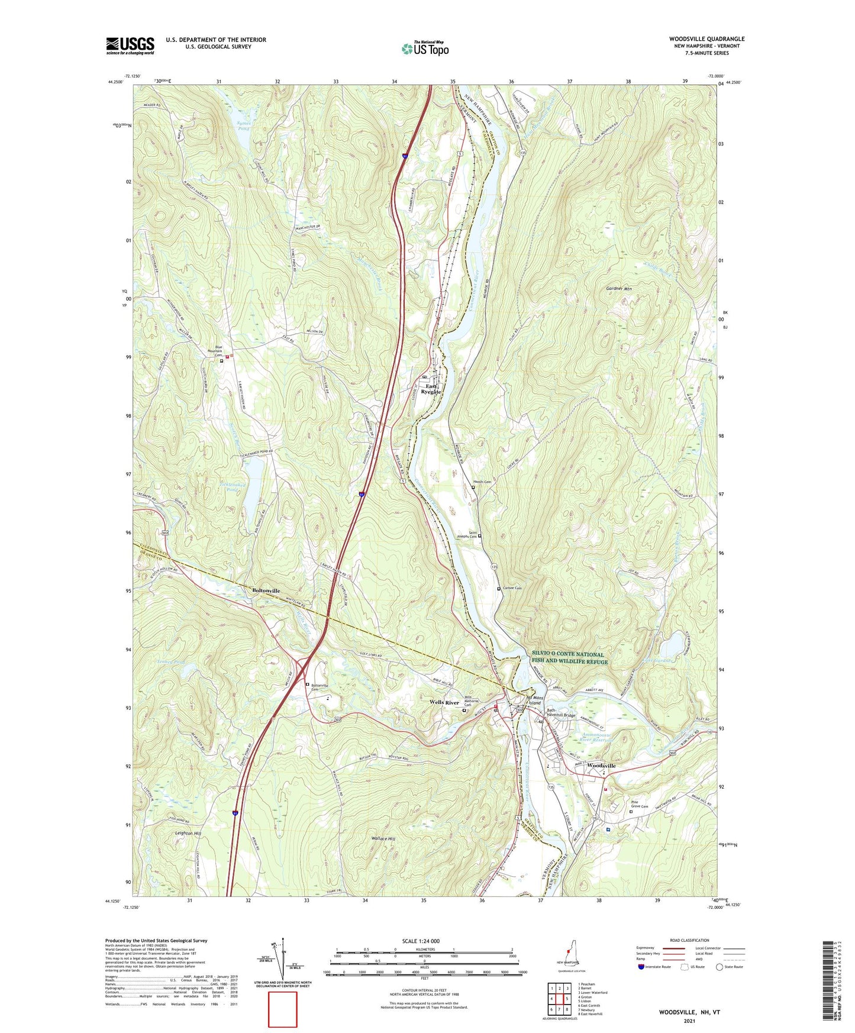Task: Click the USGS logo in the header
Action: pyautogui.click(x=130, y=46)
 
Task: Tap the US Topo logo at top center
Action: pyautogui.click(x=425, y=49)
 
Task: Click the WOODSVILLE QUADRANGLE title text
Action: pyautogui.click(x=707, y=39)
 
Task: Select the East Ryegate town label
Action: pyautogui.click(x=431, y=389)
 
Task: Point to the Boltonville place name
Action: pyautogui.click(x=266, y=590)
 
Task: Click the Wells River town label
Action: pyautogui.click(x=444, y=702)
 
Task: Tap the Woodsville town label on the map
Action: pyautogui.click(x=602, y=766)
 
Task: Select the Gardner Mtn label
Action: pyautogui.click(x=619, y=289)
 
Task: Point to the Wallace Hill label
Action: pyautogui.click(x=383, y=839)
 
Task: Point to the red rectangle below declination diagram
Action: pyautogui.click(x=282, y=1009)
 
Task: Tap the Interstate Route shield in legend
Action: pyautogui.click(x=642, y=967)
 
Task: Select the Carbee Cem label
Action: pyautogui.click(x=513, y=588)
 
